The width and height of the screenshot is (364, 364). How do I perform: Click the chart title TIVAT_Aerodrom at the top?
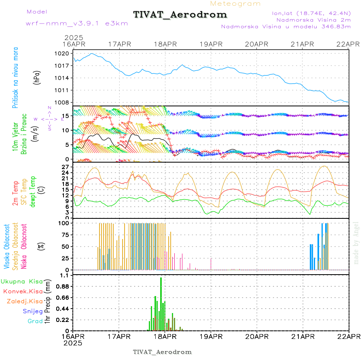pyautogui.click(x=180, y=15)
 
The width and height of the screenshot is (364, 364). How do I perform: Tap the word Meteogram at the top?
pyautogui.click(x=235, y=4)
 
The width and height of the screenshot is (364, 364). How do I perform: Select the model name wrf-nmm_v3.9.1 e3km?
pyautogui.click(x=77, y=23)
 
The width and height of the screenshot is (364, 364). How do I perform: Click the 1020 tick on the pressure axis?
pyautogui.click(x=62, y=53)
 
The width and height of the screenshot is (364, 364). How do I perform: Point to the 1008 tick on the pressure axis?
pyautogui.click(x=62, y=102)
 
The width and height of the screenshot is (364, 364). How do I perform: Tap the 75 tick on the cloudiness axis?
pyautogui.click(x=65, y=234)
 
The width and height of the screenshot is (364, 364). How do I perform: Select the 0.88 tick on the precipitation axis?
pyautogui.click(x=62, y=286)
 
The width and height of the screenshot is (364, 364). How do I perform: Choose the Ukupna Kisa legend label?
pyautogui.click(x=21, y=281)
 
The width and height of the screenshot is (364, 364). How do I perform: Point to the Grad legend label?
pyautogui.click(x=35, y=321)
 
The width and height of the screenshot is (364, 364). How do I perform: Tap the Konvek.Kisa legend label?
pyautogui.click(x=23, y=291)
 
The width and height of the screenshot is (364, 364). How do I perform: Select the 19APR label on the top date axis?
pyautogui.click(x=211, y=44)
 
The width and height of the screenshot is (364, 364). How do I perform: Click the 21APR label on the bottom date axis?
pyautogui.click(x=303, y=336)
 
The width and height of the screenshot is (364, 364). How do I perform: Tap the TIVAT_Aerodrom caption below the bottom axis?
pyautogui.click(x=162, y=352)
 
